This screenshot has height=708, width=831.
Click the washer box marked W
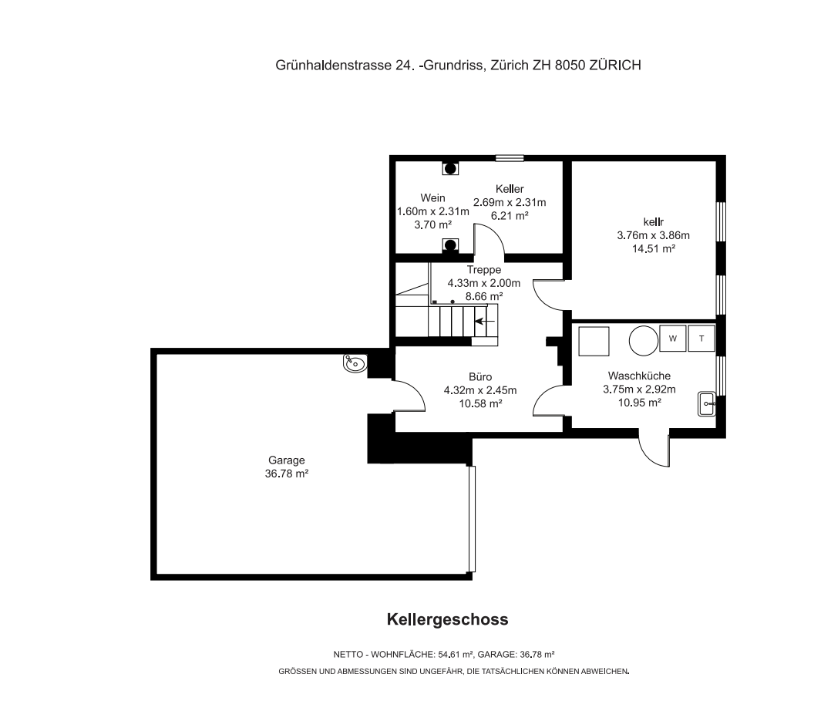[x=672, y=339]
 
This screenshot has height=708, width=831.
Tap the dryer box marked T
[x=701, y=339]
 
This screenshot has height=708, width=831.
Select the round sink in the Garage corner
[x=355, y=363]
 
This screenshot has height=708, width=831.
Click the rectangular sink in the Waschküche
[x=707, y=404]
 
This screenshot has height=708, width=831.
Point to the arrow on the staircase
[x=485, y=321]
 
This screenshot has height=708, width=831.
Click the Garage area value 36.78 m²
[x=287, y=474]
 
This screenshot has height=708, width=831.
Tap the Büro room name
[x=480, y=377]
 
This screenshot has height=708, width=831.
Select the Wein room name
[x=432, y=197]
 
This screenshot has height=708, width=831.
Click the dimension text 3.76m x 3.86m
[x=654, y=235]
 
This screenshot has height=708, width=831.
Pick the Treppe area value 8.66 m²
[x=484, y=296]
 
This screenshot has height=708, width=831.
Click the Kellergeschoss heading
[x=447, y=619]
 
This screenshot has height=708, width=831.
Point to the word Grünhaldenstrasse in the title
[x=333, y=65]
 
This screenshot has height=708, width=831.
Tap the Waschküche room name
[x=639, y=376]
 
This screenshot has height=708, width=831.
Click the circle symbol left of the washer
[x=644, y=340]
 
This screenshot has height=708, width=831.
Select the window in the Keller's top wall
[x=510, y=158]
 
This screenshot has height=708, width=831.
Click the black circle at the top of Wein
[x=450, y=169]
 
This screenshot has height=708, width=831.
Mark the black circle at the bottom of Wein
[x=450, y=245]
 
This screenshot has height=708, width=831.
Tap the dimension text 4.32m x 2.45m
[x=480, y=390]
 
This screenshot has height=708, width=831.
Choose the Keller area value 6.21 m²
[x=510, y=216]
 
